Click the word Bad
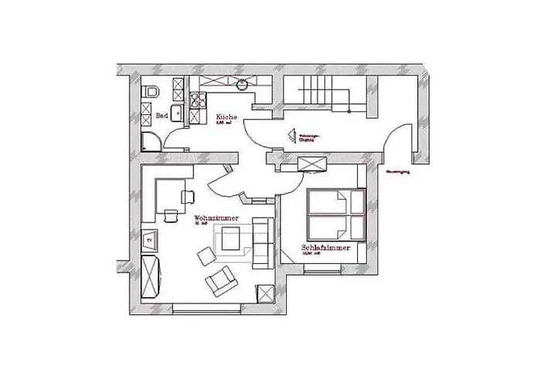pyautogui.click(x=162, y=116)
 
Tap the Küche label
pyautogui.click(x=225, y=116)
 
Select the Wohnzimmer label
pyautogui.click(x=216, y=219)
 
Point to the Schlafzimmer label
pyautogui.click(x=326, y=249)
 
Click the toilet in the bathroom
pyautogui.click(x=151, y=92)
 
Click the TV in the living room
pyautogui.click(x=150, y=240)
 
